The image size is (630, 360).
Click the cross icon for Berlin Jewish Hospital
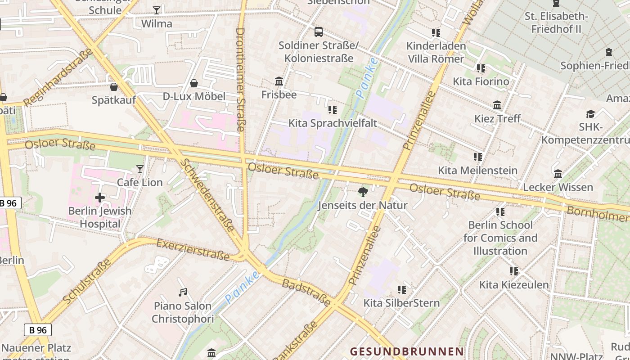pyautogui.click(x=100, y=198)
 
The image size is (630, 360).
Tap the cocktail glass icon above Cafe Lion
pyautogui.click(x=140, y=169)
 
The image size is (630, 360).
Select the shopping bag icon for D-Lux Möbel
pyautogui.click(x=194, y=83)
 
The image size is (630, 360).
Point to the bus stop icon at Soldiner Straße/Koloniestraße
pyautogui.click(x=319, y=32)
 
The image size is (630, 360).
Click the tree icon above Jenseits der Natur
pyautogui.click(x=363, y=193)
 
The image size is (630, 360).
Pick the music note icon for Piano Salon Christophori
pyautogui.click(x=183, y=292)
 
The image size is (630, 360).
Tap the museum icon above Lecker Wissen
pyautogui.click(x=558, y=174)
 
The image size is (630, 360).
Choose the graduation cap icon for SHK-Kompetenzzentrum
pyautogui.click(x=590, y=114)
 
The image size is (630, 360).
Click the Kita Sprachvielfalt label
pyautogui.click(x=333, y=123)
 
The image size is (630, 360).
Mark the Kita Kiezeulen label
pyautogui.click(x=514, y=284)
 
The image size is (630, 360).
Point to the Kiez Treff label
pyautogui.click(x=497, y=118)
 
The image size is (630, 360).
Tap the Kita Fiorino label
pyautogui.click(x=481, y=81)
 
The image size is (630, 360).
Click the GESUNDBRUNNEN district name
pyautogui.click(x=407, y=351)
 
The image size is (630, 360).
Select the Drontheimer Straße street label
pyautogui.click(x=240, y=80)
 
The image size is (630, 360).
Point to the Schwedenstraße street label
pyautogui.click(x=207, y=195)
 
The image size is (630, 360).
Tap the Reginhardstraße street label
pyautogui.click(x=58, y=77)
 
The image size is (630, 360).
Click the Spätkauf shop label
pyautogui.click(x=113, y=100)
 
